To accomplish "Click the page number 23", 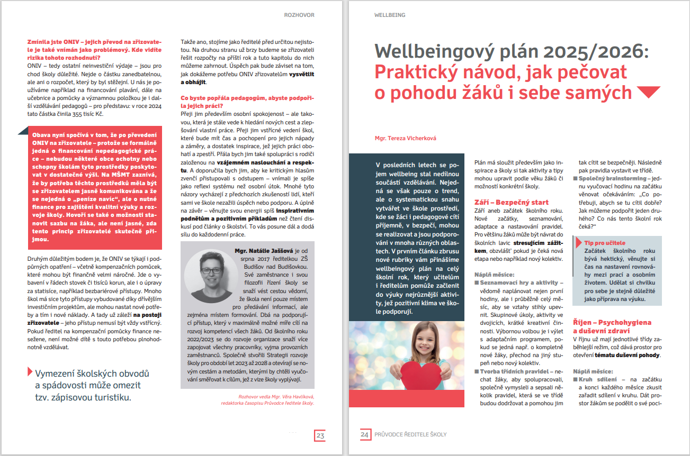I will click(x=320, y=435).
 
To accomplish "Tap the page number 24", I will click(x=365, y=435).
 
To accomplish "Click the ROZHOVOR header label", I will click(x=299, y=15).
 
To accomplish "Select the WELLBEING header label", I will click(x=390, y=15).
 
